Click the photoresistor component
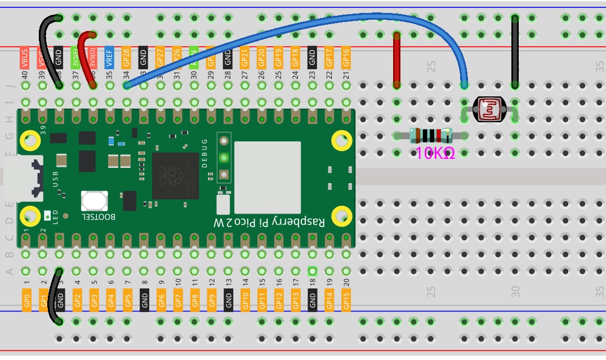(488, 109)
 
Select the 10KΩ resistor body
(431, 136)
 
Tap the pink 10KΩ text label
(435, 153)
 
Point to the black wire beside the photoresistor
(515, 51)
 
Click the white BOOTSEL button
(94, 201)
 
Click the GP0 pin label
(26, 299)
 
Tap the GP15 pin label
(346, 299)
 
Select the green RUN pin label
(194, 57)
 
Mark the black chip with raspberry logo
(175, 175)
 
